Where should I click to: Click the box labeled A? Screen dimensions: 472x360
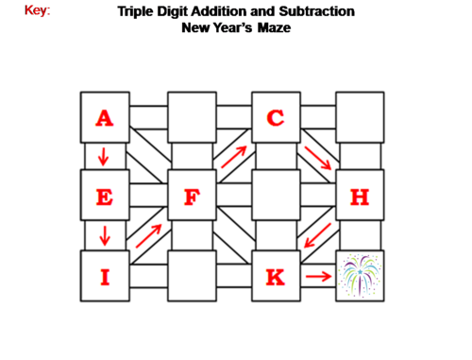[105, 118]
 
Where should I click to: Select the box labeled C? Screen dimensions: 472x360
[276, 118]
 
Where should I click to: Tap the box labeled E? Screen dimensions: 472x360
[105, 197]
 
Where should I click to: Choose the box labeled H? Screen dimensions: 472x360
[360, 197]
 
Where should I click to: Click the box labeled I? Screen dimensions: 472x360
[105, 277]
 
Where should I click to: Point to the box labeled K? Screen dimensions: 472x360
[276, 277]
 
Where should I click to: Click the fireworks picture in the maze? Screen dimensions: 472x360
[360, 277]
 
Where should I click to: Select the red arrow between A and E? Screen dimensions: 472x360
[103, 156]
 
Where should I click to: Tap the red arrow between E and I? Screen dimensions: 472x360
[103, 235]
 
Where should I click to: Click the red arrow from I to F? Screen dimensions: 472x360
[148, 236]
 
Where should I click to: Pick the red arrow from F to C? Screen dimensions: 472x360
[234, 156]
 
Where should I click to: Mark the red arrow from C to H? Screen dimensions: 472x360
[318, 158]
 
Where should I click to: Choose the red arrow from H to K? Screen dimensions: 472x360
[318, 237]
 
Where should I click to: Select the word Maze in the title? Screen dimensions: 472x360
[272, 28]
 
